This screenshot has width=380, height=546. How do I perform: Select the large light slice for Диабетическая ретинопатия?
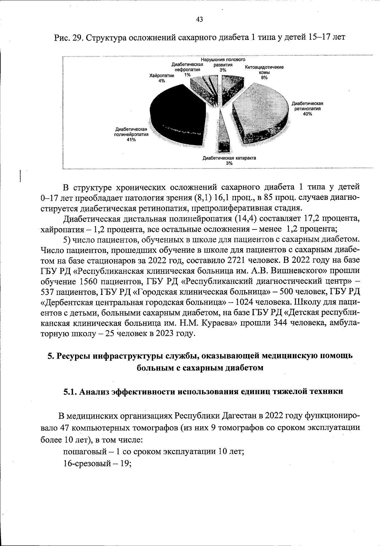[x=263, y=108]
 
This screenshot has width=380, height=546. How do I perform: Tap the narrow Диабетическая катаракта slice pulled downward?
[x=224, y=133]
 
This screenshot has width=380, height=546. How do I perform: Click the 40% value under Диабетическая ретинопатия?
[x=307, y=114]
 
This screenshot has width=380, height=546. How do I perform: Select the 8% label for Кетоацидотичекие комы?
[x=264, y=78]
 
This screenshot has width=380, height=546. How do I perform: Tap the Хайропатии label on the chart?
[x=162, y=76]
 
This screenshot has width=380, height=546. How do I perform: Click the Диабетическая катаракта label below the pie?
[x=229, y=158]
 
